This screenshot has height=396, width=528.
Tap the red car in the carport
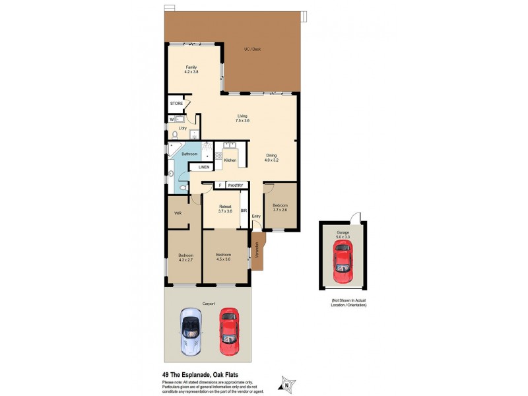228,327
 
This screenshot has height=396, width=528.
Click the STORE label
176,104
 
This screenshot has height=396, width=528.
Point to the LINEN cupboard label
204,168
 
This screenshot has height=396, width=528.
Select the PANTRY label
236,185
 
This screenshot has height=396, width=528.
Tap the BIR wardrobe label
244,211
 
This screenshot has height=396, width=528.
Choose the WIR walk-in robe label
178,213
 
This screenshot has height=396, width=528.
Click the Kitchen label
230,160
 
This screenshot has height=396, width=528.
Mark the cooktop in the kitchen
218,158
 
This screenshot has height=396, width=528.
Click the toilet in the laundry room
175,135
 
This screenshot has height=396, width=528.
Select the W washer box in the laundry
172,119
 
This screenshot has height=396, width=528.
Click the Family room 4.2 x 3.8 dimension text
191,71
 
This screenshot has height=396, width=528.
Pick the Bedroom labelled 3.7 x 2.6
280,207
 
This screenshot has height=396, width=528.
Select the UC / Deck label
253,49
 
